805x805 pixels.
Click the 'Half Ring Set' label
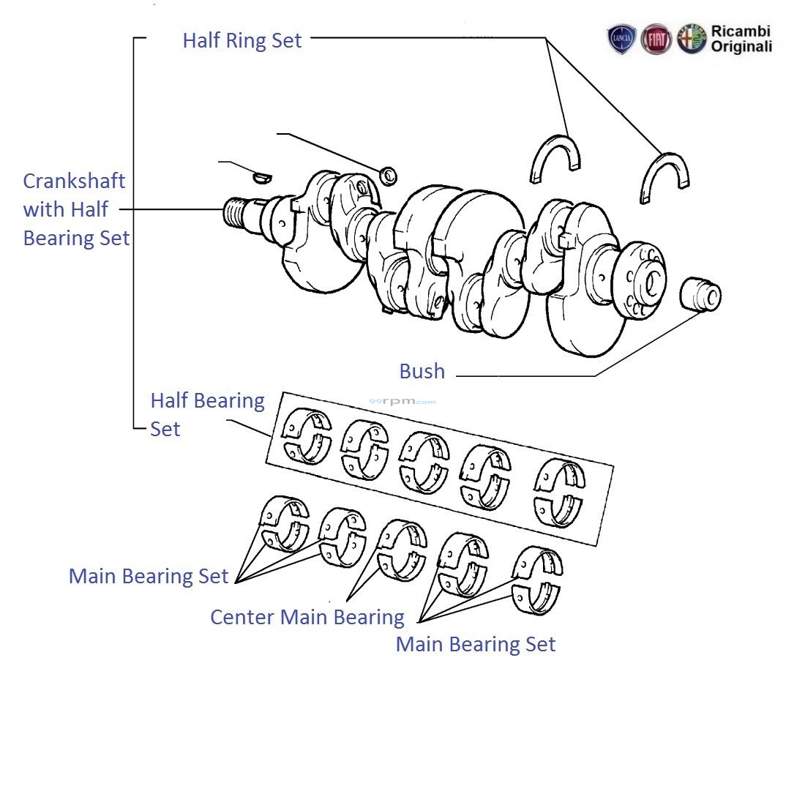tap(241, 40)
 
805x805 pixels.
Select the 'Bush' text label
tap(422, 372)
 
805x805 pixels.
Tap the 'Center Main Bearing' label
tap(307, 617)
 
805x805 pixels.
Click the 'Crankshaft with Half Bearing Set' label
tap(75, 209)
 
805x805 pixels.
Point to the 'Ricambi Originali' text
tap(741, 40)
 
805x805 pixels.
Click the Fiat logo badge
tap(656, 40)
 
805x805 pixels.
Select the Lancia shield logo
tap(621, 40)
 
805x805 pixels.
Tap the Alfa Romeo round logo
tap(690, 40)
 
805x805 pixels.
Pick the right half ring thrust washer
tap(664, 178)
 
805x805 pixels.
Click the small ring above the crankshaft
tap(389, 175)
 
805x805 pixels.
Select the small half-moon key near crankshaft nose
tap(261, 176)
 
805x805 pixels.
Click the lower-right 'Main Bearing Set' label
tap(475, 644)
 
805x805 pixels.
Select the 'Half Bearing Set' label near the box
tap(206, 414)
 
